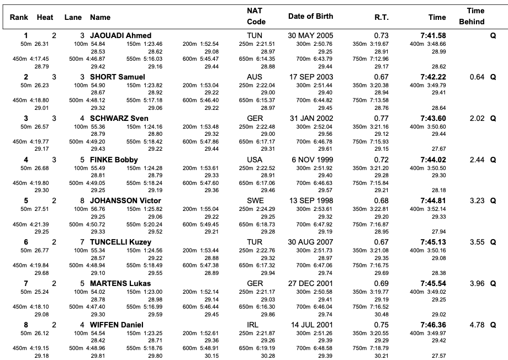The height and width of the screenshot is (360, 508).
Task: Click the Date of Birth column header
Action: click(310, 16)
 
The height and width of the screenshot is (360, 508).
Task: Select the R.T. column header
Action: click(382, 18)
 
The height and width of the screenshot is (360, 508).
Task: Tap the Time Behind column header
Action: click(472, 16)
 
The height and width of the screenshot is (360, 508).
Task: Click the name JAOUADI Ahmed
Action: click(120, 35)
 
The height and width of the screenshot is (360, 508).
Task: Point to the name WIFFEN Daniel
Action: click(117, 325)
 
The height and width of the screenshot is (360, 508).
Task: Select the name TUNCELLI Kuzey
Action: click(120, 242)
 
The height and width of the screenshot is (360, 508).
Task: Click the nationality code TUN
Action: click(255, 35)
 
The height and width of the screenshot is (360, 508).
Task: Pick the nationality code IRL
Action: click(253, 325)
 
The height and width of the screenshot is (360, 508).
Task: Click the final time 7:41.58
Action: click(433, 35)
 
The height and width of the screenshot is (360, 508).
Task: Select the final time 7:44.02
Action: click(433, 160)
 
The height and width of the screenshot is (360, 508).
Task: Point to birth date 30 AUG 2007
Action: click(310, 242)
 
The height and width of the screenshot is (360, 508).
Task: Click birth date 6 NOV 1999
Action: click(313, 160)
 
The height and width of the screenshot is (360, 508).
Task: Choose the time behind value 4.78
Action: click(477, 325)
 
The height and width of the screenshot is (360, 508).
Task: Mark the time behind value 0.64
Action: click(477, 77)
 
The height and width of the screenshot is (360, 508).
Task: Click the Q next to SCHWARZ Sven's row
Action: click(493, 119)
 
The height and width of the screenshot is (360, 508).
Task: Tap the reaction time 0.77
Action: click(382, 118)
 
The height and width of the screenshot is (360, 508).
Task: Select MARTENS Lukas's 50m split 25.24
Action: click(41, 292)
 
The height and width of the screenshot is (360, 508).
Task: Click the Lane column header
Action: click(73, 18)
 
